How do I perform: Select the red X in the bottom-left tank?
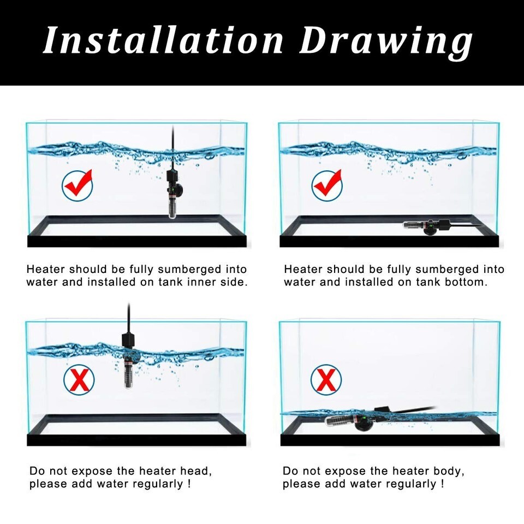pyautogui.click(x=79, y=380)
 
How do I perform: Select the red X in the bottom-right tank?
pyautogui.click(x=326, y=380)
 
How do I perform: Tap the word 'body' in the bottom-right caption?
pyautogui.click(x=447, y=472)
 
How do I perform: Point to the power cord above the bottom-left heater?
pyautogui.click(x=129, y=318)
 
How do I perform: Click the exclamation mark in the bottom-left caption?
pyautogui.click(x=189, y=484)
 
